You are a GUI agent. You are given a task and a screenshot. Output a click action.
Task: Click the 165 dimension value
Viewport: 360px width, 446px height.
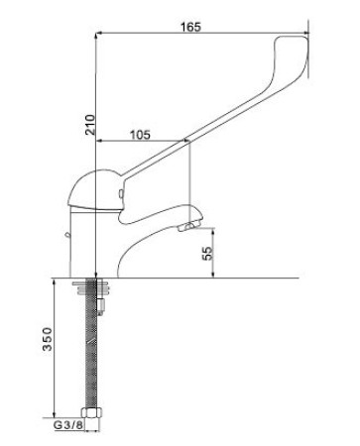(x=190, y=27)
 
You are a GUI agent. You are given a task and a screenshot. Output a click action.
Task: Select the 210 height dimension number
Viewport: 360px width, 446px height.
(x=90, y=125)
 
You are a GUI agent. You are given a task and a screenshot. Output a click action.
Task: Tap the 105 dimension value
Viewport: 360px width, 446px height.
(x=140, y=135)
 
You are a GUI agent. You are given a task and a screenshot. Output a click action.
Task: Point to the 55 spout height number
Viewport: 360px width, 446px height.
(x=207, y=254)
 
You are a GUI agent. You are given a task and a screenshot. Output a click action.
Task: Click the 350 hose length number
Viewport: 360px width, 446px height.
(x=48, y=339)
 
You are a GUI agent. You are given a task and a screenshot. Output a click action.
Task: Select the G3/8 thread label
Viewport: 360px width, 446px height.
(x=68, y=425)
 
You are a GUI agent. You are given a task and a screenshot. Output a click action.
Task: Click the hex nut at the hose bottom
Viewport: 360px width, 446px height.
(x=91, y=412)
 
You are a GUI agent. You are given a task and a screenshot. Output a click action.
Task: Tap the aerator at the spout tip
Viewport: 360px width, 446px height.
(x=186, y=227)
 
